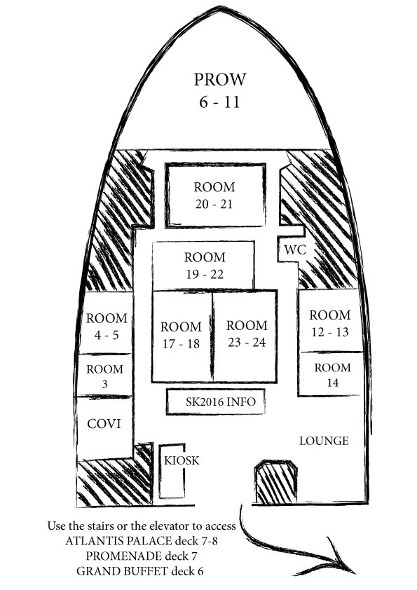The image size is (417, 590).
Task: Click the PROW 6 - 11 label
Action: pos(220,90)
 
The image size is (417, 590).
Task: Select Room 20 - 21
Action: pos(215,195)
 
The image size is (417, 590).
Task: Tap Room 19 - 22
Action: pos(203,266)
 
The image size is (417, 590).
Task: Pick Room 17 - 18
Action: pos(182,336)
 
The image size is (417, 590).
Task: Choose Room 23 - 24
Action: pos(245,336)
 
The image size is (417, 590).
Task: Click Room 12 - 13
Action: pos(330,321)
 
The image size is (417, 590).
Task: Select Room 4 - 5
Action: pos(106,323)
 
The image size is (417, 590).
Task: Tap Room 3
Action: pos(104,375)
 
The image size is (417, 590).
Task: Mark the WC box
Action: pos(291,249)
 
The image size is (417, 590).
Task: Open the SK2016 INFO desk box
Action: pos(216,402)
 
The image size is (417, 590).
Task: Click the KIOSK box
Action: pos(172,472)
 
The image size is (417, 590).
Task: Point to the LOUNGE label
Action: pos(324,441)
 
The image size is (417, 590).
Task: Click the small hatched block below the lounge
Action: pos(276,482)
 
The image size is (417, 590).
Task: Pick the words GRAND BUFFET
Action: pos(122,571)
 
